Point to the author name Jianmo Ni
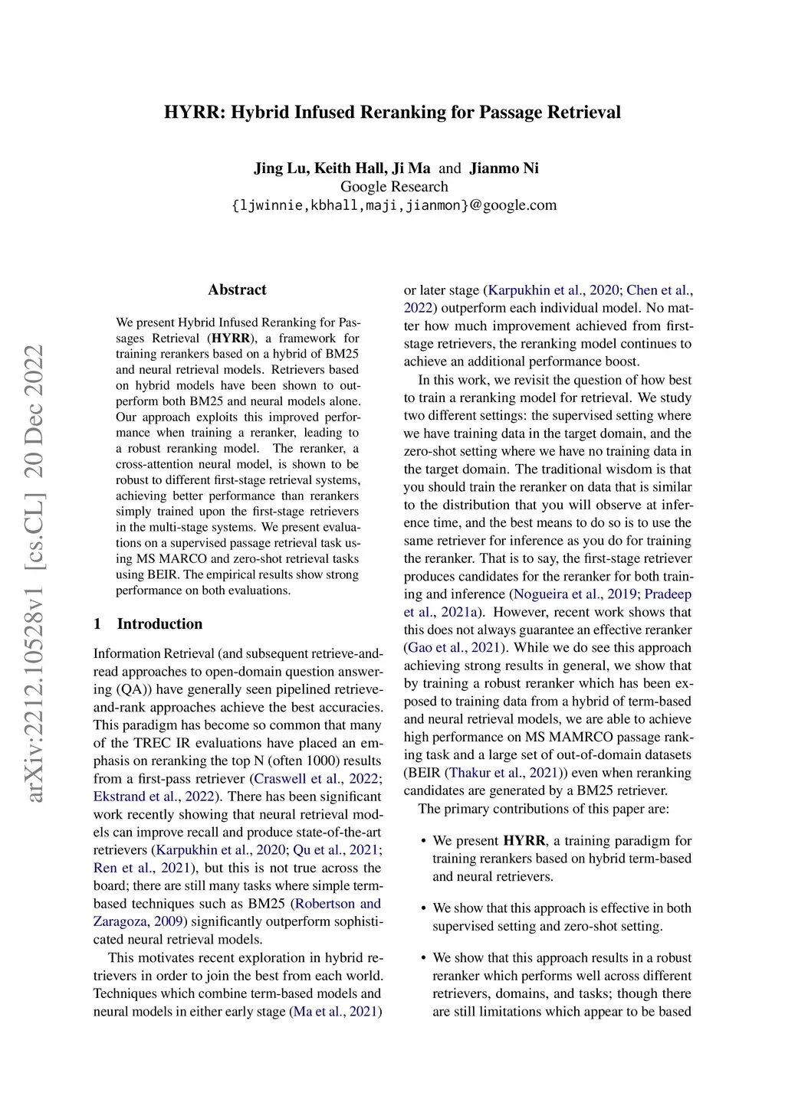click(504, 168)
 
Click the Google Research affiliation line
click(394, 187)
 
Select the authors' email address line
click(394, 205)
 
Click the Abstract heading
click(237, 290)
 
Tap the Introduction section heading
click(159, 624)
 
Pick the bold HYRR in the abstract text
click(231, 339)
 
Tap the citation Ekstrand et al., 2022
click(154, 797)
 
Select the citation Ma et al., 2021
click(336, 1012)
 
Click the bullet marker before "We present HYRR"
click(423, 842)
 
